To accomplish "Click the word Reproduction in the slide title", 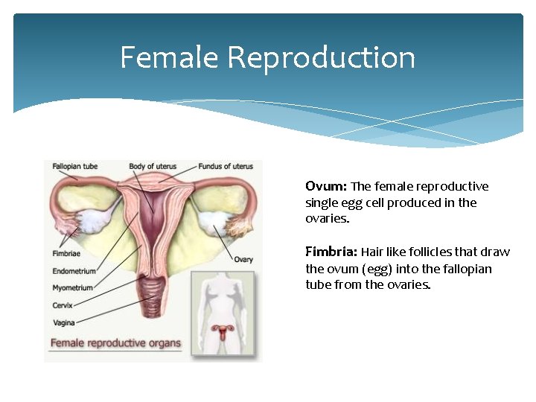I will tap(322, 57).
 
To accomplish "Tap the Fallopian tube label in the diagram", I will tap(74, 166).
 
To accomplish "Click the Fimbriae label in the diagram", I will tap(66, 253).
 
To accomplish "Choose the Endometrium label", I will tap(74, 271).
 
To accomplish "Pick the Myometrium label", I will tap(72, 288).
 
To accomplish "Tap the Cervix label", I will tap(62, 305).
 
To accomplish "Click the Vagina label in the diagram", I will tap(63, 322).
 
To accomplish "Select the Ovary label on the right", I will tap(243, 259).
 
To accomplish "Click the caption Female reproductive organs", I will tap(115, 343).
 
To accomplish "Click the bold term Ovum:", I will tap(326, 186).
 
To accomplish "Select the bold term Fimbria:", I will tap(331, 252).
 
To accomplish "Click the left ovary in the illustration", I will tap(95, 220).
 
